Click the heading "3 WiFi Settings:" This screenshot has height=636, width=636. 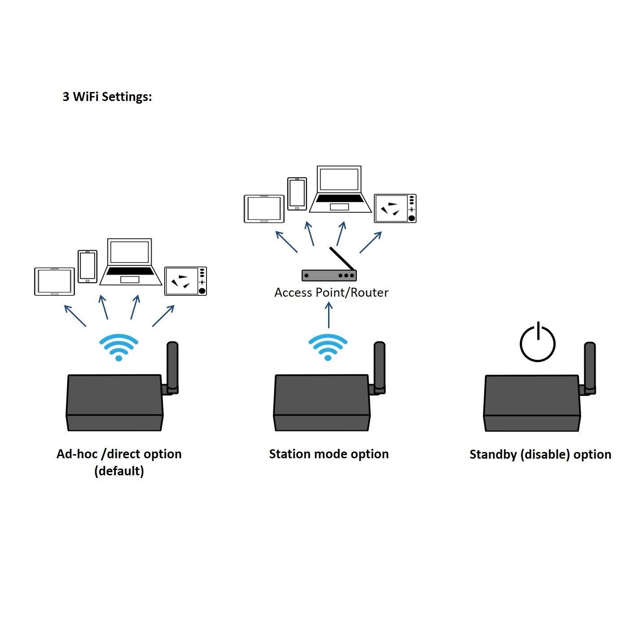107,96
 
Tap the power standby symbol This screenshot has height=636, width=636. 537,343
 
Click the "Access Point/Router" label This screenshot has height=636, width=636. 331,293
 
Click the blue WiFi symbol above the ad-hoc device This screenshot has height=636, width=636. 118,347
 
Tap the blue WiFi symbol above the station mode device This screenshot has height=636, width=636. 328,347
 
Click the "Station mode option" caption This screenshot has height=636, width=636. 329,454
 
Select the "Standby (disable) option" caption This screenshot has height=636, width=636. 540,455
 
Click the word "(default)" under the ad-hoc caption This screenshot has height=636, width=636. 119,471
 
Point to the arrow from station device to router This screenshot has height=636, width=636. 329,315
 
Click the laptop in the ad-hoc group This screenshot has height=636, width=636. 130,263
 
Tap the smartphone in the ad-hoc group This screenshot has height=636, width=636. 88,267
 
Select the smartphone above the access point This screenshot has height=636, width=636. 297,194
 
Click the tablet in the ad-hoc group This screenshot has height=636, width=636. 54,281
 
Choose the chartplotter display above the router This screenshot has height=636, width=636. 395,208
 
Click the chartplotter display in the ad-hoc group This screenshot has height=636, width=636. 185,281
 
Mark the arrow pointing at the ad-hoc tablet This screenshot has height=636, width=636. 75,316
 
